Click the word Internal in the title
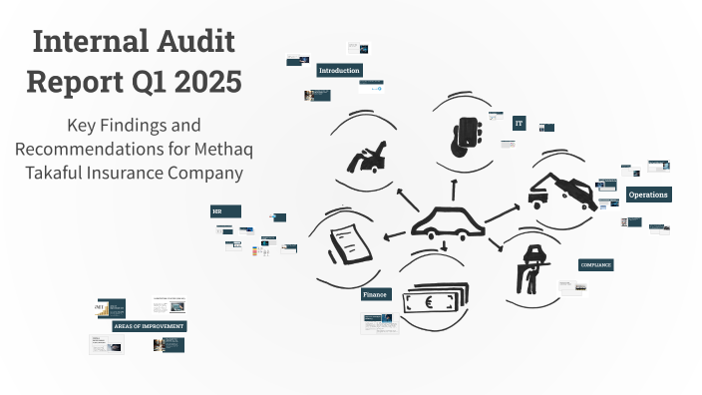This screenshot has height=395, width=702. [85, 42]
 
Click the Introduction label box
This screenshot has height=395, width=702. [339, 71]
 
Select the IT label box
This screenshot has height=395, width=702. [519, 124]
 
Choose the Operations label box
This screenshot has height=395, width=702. [648, 195]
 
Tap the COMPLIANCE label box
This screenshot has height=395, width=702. [596, 265]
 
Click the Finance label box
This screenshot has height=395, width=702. [375, 294]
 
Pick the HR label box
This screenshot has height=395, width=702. [225, 211]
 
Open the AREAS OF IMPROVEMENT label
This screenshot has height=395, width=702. [150, 326]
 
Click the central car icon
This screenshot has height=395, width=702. [446, 222]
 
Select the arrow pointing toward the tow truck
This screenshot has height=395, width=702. [504, 212]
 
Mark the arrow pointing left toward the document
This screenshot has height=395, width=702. [394, 235]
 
